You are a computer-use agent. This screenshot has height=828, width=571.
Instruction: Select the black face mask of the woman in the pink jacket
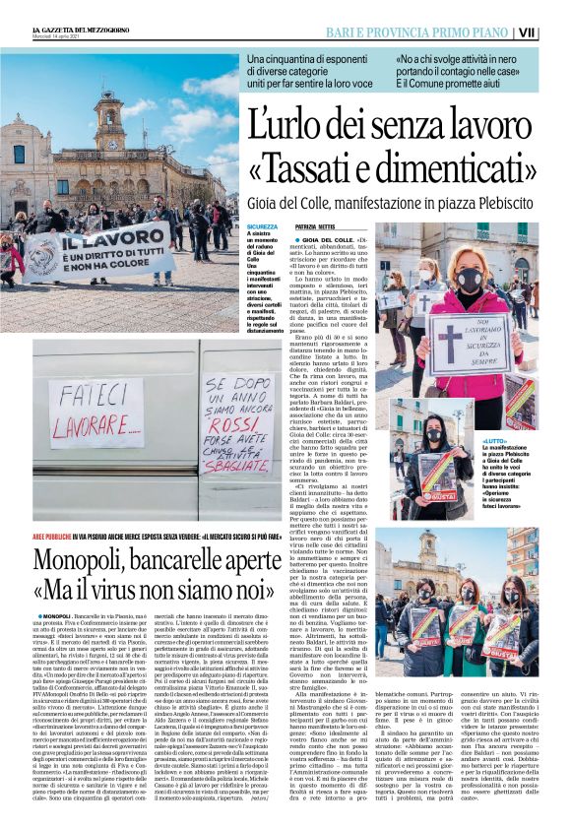(469, 280)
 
